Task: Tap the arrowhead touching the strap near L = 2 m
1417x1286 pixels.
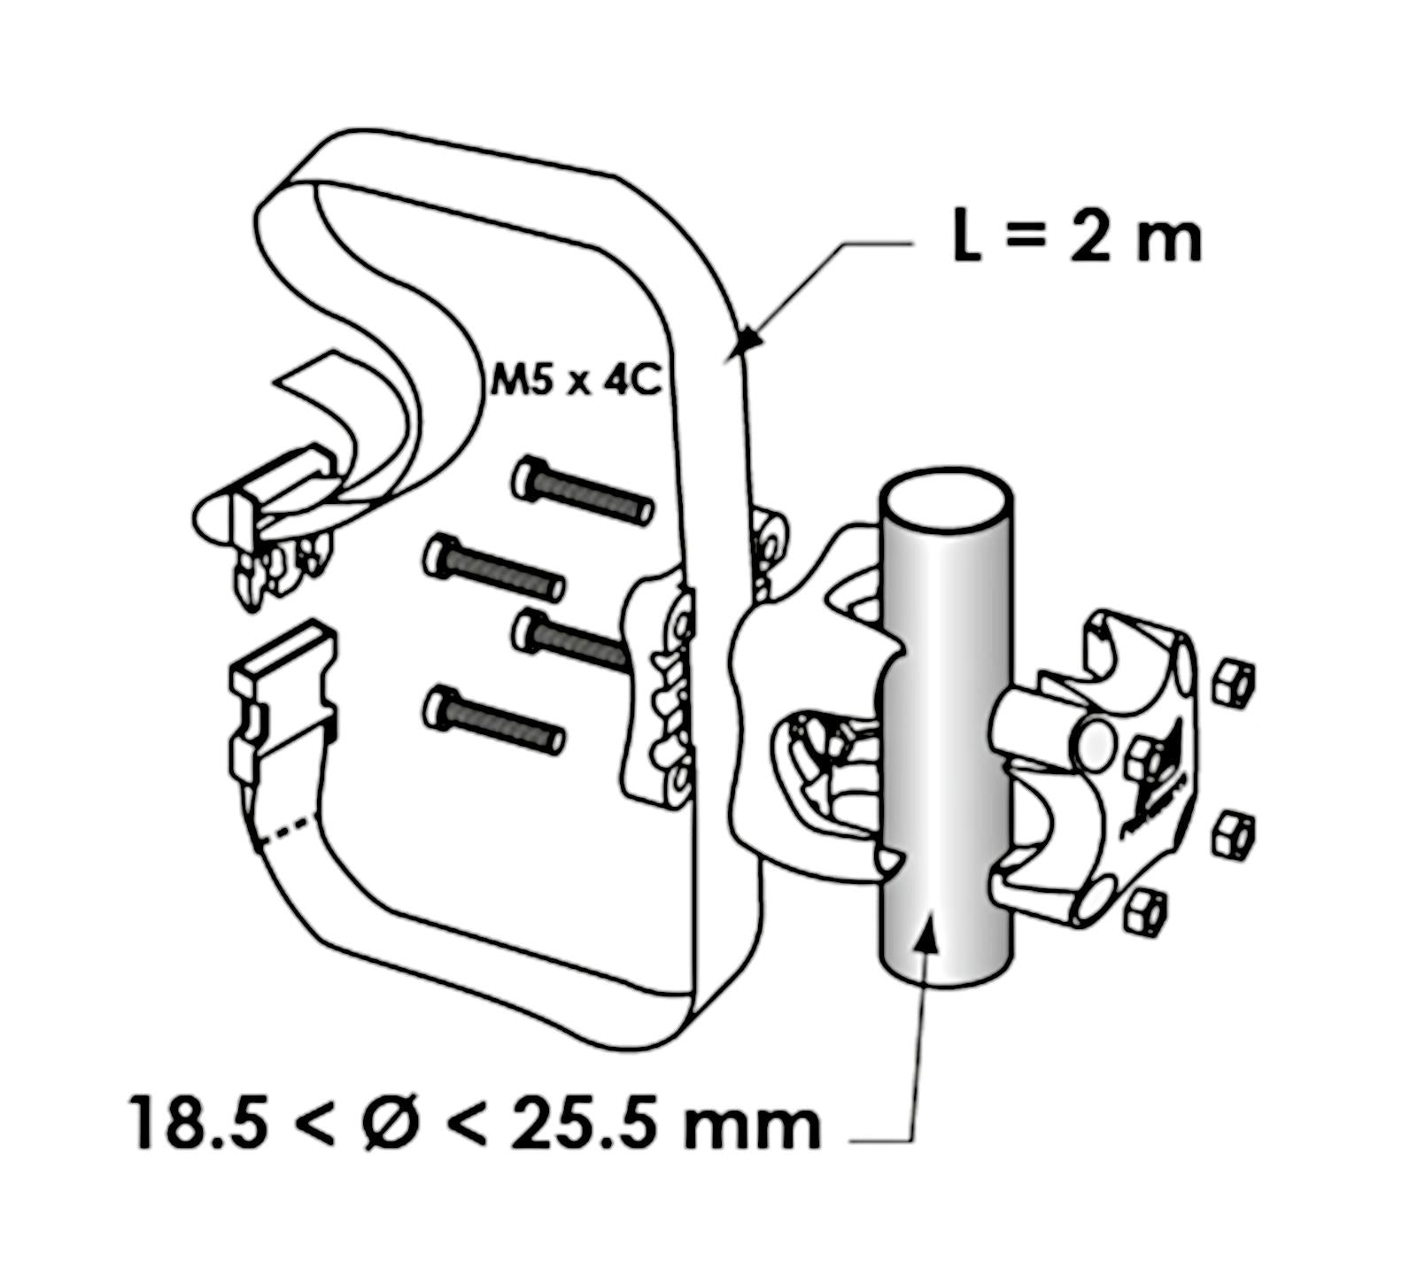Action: pos(749,338)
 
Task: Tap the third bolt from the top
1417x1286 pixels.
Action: pos(571,641)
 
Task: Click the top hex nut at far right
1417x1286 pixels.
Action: pos(1232,683)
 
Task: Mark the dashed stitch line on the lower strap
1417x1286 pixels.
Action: pos(289,829)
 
